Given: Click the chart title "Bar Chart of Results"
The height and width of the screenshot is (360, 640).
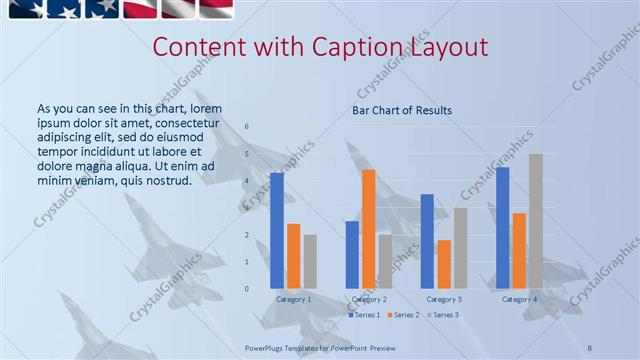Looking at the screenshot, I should (x=402, y=110).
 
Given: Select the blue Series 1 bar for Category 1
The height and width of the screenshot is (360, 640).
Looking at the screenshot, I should (x=276, y=230).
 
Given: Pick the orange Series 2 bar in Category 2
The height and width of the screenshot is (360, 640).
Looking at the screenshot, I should (x=368, y=229).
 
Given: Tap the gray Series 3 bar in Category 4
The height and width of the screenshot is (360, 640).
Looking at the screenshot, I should (x=536, y=221).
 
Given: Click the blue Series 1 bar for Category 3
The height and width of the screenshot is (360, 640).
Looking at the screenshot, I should (x=427, y=241).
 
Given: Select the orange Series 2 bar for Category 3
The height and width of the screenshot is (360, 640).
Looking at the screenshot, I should (x=444, y=264).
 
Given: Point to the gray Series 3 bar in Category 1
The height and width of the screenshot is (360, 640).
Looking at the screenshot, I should (x=310, y=262).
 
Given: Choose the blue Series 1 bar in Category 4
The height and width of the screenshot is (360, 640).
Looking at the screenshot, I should (x=502, y=228).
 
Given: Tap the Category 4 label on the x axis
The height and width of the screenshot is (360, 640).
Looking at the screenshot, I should (x=519, y=299).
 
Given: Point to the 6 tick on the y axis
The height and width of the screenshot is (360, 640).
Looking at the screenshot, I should (x=247, y=127).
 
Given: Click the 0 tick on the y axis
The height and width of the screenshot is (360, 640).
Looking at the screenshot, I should (x=247, y=289).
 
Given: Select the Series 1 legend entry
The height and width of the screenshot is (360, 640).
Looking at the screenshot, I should (x=364, y=315).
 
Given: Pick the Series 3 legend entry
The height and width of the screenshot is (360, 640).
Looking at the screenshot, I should (x=443, y=315).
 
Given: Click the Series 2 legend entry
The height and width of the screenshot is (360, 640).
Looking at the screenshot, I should (x=403, y=315).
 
